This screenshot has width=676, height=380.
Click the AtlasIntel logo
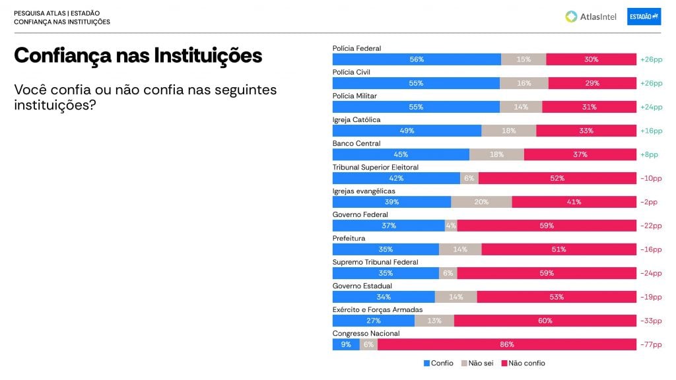point(590,16)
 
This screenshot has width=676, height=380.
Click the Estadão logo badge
point(644,16)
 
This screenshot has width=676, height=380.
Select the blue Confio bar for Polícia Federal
point(417,59)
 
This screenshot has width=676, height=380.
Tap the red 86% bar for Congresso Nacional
point(506,344)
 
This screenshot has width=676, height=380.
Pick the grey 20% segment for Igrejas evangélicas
point(481,202)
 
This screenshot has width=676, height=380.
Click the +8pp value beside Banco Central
point(649,154)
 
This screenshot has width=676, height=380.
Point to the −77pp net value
point(651,344)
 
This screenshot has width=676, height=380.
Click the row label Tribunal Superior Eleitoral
point(375,167)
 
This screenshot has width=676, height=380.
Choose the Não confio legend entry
point(523,363)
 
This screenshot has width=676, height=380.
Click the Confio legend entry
point(438,363)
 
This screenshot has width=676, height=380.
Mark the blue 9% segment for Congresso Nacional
point(346,344)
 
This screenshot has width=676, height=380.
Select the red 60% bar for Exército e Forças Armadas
point(545,321)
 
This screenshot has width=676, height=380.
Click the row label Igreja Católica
point(356,119)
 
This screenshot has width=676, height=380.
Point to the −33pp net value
point(651,321)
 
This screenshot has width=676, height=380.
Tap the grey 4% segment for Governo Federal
point(451,226)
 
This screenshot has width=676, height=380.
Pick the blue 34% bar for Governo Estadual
point(384,297)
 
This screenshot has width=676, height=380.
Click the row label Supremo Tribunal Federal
point(375,262)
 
